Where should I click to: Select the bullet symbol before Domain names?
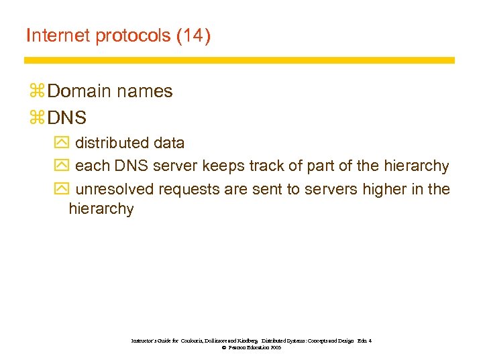[36, 92]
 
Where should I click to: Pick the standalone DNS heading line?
[67, 119]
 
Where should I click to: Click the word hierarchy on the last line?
[101, 209]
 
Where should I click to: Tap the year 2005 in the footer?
[275, 349]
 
